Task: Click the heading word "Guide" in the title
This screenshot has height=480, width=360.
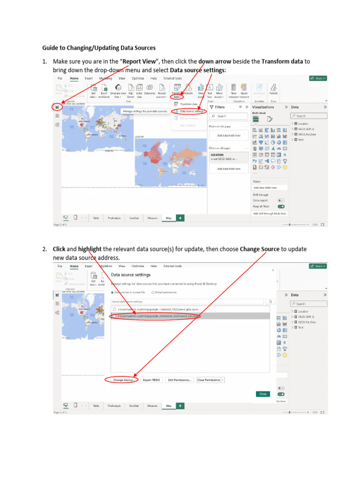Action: coord(51,47)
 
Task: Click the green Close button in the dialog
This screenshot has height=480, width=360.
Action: coord(262,394)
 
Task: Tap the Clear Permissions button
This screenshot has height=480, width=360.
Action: coord(209,380)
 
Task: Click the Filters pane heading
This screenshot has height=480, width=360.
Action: coord(220,107)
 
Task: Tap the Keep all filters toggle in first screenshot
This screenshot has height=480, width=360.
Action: coord(281,206)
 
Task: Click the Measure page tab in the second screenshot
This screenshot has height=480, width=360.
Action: coord(152,405)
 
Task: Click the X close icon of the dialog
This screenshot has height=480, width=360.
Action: coord(273,270)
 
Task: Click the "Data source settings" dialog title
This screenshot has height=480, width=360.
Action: coord(130,275)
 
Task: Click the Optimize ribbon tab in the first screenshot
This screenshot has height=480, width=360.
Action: coord(138,78)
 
